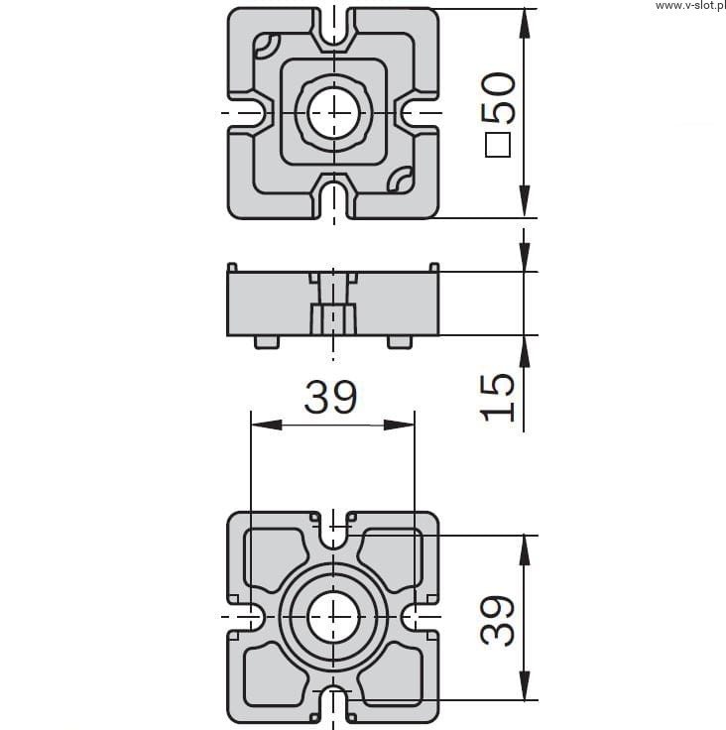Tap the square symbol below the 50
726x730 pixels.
click(x=498, y=145)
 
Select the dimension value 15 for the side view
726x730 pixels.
click(x=497, y=397)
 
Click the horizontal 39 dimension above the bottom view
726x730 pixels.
click(x=330, y=397)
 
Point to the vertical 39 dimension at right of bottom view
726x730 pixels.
click(x=497, y=620)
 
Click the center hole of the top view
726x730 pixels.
click(x=334, y=113)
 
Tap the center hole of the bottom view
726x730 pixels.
click(x=334, y=616)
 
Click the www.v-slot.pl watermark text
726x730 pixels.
click(x=690, y=5)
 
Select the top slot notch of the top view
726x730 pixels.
click(x=334, y=27)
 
